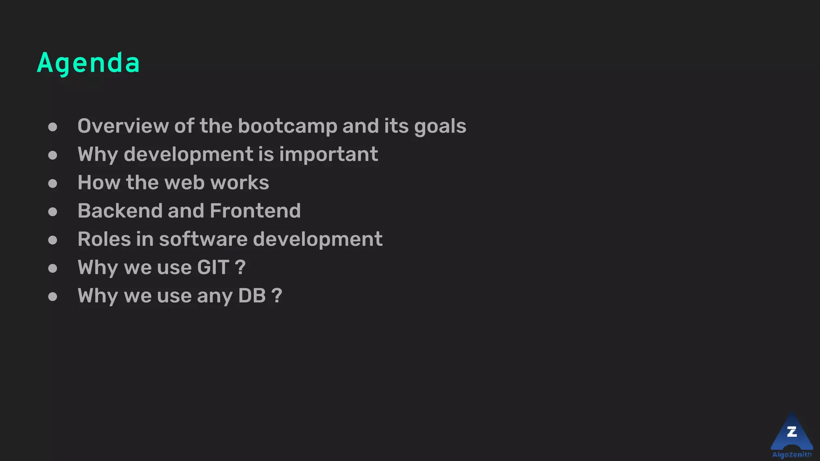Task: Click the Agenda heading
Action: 88,63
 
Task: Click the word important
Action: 328,154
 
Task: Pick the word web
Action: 185,182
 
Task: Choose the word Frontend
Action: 255,211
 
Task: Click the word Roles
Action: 104,239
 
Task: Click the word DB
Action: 252,296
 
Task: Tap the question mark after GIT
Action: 240,267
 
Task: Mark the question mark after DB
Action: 277,296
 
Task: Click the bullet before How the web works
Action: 52,183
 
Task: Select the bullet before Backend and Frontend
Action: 52,212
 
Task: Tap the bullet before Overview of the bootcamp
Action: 52,127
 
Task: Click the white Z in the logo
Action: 792,432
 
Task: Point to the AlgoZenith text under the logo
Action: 792,455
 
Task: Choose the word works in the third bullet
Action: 239,182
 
